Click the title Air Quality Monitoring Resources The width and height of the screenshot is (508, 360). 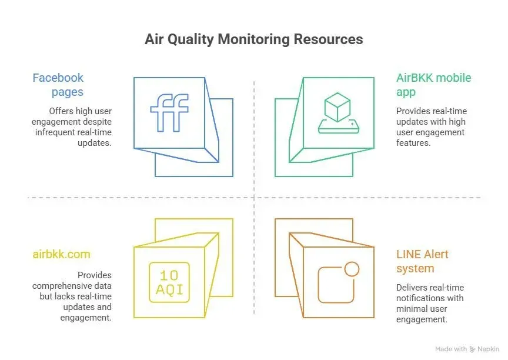253,39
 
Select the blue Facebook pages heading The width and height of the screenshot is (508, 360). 58,85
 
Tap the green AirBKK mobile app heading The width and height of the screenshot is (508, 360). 433,85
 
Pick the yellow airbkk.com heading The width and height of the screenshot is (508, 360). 61,254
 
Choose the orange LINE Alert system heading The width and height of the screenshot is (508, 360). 422,261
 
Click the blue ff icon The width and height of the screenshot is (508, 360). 169,112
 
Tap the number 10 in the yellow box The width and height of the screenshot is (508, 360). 169,275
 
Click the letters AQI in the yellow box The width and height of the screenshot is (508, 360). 169,289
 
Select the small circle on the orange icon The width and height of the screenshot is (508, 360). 352,269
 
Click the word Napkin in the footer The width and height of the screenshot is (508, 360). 489,349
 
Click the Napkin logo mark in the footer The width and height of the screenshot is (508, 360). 473,349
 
